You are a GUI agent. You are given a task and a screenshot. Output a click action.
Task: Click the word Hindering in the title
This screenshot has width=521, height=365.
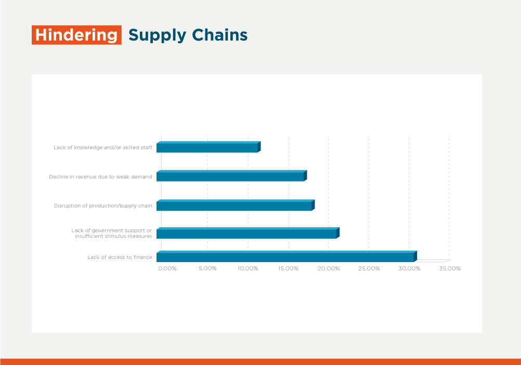[x=76, y=35]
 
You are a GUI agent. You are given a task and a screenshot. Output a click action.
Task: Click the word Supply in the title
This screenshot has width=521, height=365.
[x=158, y=35]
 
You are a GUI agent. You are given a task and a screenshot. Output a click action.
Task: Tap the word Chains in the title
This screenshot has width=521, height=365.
[x=219, y=35]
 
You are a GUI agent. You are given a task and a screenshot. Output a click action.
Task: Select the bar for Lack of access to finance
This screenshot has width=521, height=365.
[x=286, y=256]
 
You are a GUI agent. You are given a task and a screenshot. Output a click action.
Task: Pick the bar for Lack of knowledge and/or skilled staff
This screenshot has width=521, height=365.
[x=209, y=147]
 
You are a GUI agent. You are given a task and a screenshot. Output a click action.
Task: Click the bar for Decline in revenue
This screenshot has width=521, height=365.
[x=231, y=176]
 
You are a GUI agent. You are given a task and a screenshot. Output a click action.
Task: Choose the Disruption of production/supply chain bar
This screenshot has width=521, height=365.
[x=236, y=205]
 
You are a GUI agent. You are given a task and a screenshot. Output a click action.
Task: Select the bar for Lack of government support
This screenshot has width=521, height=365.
[x=248, y=233]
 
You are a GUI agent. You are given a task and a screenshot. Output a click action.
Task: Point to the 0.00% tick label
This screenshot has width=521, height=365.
[x=167, y=268]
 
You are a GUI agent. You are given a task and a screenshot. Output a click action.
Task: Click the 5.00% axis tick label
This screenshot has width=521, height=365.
[x=207, y=268]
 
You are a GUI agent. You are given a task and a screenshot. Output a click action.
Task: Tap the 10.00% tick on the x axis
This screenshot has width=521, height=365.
[x=248, y=268]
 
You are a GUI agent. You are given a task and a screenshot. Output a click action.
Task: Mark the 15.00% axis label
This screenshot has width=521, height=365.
[x=288, y=268]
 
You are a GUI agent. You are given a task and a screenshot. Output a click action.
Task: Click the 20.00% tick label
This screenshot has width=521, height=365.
[x=329, y=268]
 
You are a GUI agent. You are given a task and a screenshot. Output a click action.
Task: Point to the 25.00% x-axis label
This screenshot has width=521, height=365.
[x=369, y=268]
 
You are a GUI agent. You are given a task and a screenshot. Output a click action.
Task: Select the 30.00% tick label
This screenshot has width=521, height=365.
[x=409, y=268]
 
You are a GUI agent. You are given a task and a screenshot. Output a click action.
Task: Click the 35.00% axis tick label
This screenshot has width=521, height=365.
[x=450, y=268]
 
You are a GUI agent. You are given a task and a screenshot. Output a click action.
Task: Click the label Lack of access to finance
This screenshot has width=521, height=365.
[x=120, y=257]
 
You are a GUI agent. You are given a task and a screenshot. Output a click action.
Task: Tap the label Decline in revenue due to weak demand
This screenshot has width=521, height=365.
[x=100, y=177]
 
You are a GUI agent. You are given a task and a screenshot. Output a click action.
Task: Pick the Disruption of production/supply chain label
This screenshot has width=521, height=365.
[x=102, y=206]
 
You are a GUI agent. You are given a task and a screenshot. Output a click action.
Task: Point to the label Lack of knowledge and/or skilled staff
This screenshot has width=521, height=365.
[x=102, y=148]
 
